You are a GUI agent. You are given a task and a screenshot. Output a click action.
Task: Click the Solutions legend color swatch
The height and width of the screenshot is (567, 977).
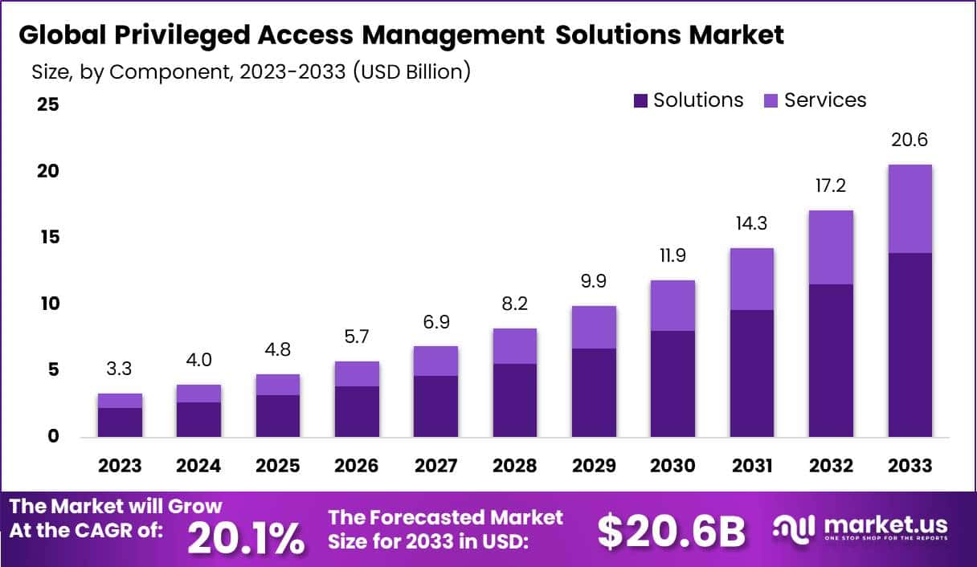[640, 100]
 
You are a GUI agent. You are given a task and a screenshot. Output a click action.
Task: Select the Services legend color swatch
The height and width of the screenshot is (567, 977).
[771, 100]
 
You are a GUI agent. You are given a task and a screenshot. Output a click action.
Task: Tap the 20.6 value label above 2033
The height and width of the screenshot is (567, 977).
[910, 140]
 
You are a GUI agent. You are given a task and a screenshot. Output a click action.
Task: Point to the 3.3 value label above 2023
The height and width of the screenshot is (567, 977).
[120, 369]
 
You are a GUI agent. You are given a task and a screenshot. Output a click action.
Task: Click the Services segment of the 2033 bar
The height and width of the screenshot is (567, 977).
[910, 209]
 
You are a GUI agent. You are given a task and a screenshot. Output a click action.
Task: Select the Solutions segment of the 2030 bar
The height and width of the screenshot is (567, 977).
[672, 384]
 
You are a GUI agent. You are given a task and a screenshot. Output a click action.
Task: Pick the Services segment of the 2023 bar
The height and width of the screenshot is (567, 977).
[120, 401]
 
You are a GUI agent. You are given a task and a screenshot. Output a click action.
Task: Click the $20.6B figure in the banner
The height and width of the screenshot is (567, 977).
[672, 531]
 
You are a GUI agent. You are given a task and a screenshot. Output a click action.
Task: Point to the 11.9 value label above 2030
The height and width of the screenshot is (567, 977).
[672, 257]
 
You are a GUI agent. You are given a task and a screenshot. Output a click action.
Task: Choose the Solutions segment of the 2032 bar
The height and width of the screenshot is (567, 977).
[831, 361]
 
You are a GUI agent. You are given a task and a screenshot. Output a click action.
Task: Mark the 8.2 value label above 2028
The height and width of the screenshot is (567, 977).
[514, 304]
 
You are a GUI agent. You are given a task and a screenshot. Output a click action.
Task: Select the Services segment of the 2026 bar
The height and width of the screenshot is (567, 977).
[357, 374]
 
